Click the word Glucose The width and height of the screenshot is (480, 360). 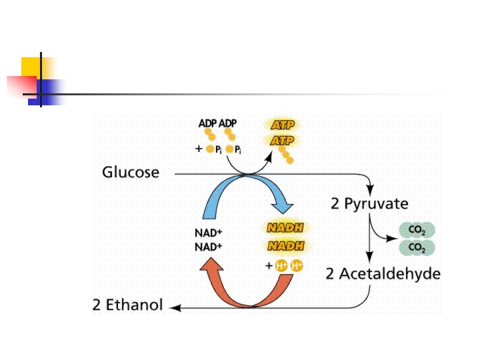pos(131,173)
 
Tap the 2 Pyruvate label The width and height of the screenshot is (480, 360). pos(369,203)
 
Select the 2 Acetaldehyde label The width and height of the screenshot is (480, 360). pos(383,273)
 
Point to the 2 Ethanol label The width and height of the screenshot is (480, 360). pos(127,307)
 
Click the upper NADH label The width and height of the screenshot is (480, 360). pos(285,228)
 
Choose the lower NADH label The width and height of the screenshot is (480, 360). pos(285,246)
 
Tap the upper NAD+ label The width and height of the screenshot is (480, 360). pos(209,233)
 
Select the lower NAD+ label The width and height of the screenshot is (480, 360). pos(209,247)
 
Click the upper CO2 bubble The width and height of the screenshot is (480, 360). pos(417,231)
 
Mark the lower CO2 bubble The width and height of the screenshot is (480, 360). pos(417,248)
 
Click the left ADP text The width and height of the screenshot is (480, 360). pos(208,124)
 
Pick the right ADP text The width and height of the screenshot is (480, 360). pos(228,124)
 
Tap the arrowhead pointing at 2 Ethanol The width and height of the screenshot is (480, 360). pos(175,307)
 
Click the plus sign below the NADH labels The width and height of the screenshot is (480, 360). pos(269,266)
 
